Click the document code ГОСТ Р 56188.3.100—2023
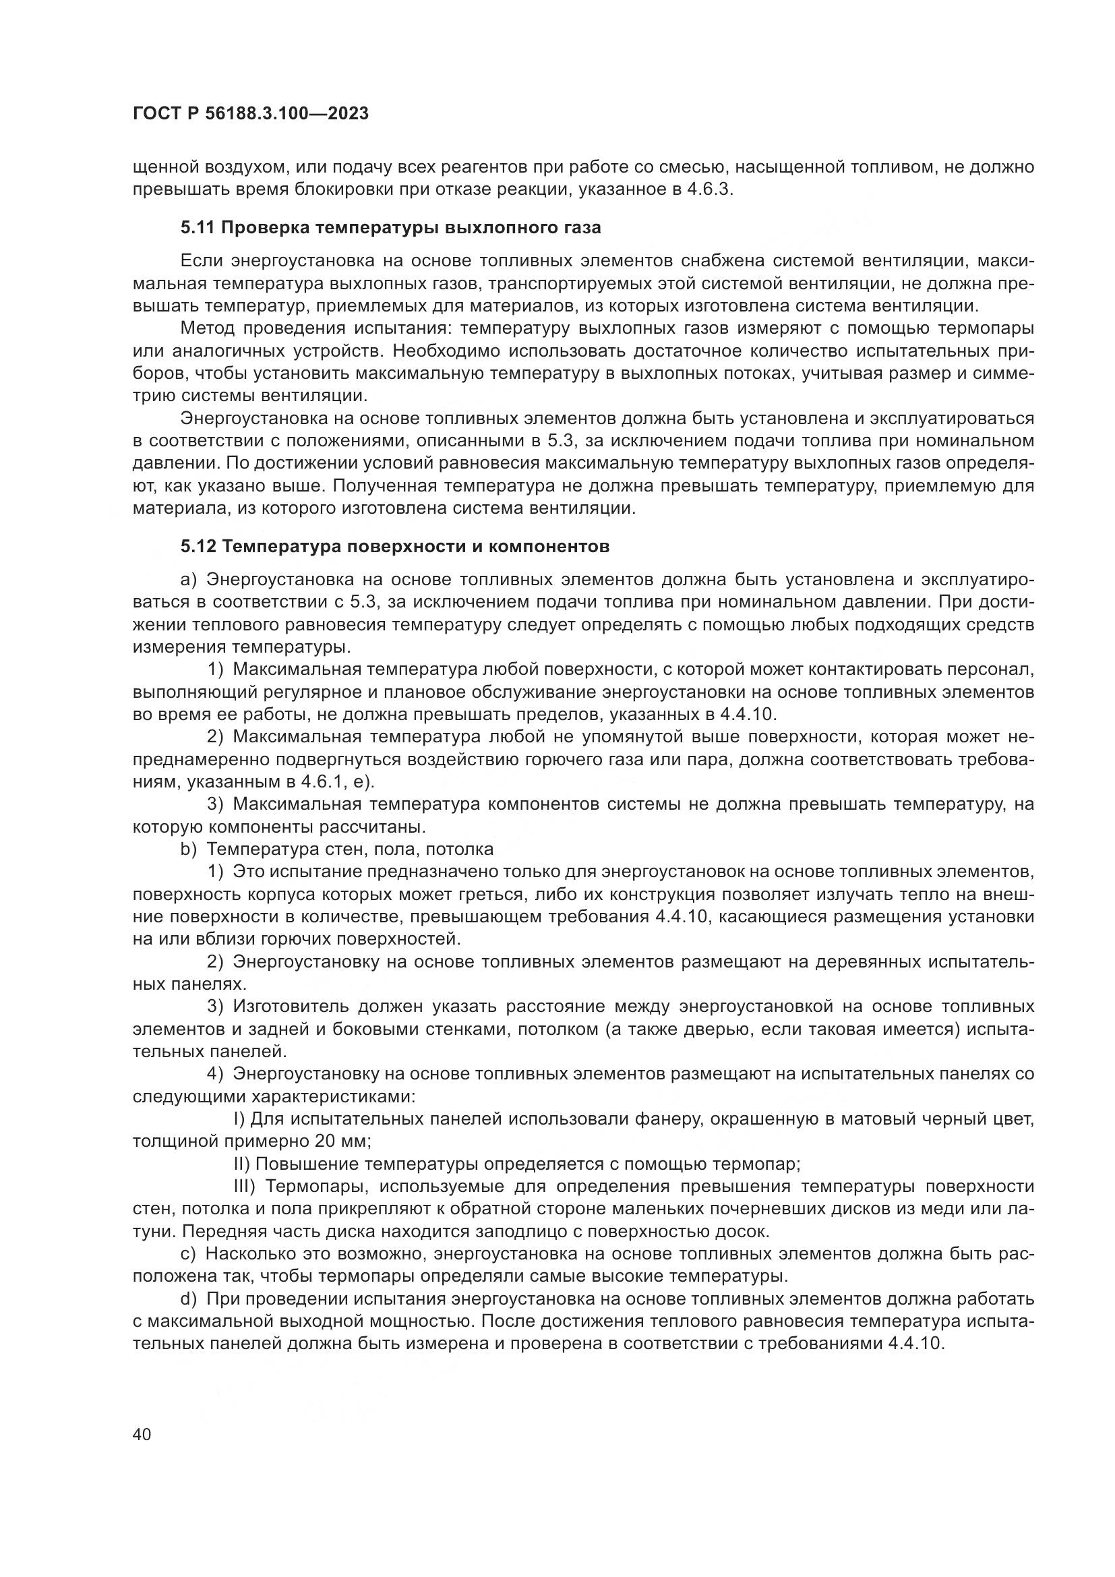[251, 114]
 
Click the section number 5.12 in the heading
[198, 547]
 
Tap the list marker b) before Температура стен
[188, 850]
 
